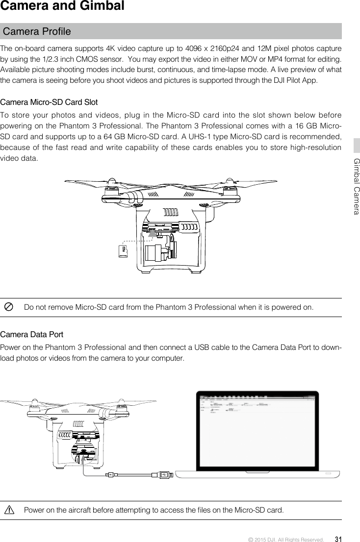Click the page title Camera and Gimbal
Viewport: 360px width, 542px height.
[x=62, y=7]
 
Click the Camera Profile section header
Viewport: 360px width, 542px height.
[x=37, y=32]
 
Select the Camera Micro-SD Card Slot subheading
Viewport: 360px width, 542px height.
[x=49, y=102]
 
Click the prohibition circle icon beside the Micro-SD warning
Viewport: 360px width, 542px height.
[x=9, y=307]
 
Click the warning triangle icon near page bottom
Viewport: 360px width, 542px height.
[x=9, y=510]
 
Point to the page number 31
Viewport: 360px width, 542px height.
[x=338, y=539]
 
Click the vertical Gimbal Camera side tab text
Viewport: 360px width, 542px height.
[x=357, y=186]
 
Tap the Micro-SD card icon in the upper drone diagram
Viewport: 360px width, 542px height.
[x=123, y=251]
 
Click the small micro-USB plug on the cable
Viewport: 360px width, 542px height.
[x=113, y=474]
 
